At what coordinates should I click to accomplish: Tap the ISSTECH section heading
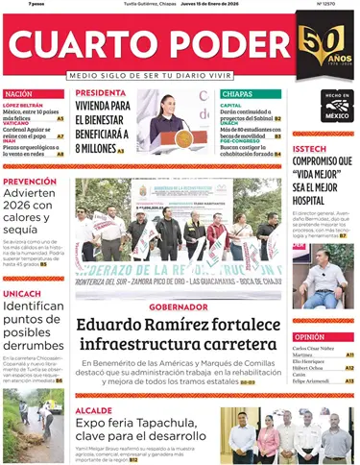pos(311,149)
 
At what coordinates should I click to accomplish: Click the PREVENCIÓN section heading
pos(30,181)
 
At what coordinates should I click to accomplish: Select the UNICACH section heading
pos(22,293)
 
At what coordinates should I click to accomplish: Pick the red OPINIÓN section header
pos(309,337)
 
